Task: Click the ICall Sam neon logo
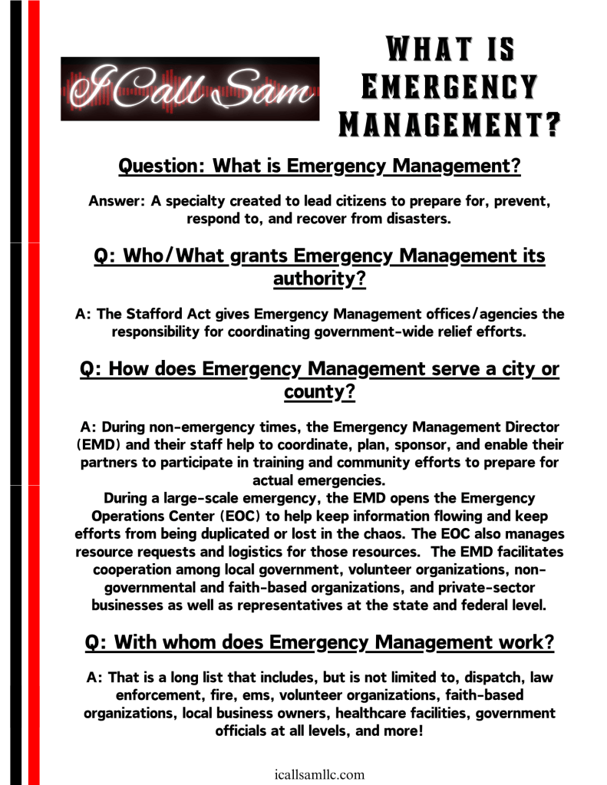190,88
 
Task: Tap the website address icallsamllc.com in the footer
318,774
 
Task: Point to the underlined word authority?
318,279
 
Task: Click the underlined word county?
318,394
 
